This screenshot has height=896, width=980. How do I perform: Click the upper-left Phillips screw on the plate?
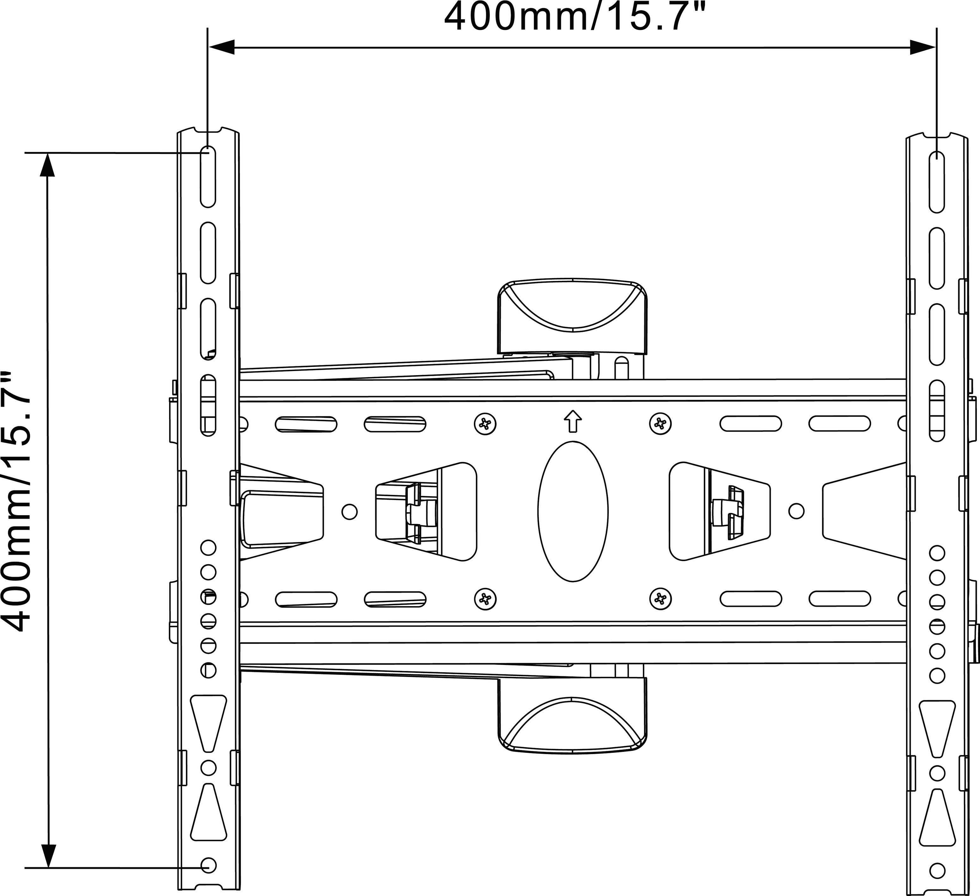[485, 424]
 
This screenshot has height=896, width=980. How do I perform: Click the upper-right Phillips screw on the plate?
[660, 424]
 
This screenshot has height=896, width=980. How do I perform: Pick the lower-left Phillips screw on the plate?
[485, 599]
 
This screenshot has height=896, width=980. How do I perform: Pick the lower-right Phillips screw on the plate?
[660, 599]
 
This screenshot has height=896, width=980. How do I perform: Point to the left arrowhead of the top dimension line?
[222, 47]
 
